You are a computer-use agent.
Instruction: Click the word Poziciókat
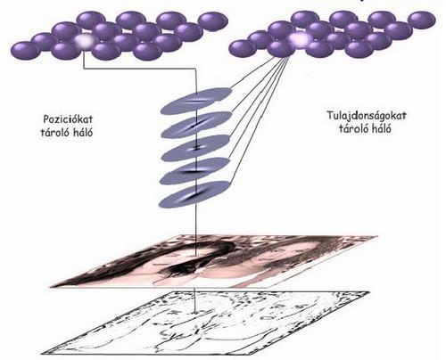(x=68, y=119)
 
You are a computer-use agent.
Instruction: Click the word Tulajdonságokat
(x=367, y=116)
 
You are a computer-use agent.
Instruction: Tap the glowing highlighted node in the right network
(x=301, y=39)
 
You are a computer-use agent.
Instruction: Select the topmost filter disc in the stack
(x=196, y=101)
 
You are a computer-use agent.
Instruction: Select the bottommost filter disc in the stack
(x=195, y=194)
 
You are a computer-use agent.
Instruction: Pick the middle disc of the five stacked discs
(x=195, y=148)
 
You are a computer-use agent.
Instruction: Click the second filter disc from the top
(x=196, y=125)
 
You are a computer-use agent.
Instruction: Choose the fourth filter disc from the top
(x=195, y=171)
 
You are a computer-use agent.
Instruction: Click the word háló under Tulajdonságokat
(x=377, y=128)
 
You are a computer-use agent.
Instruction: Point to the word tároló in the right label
(x=351, y=128)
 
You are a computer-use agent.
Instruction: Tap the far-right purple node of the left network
(x=213, y=20)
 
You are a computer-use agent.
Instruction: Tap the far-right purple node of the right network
(x=422, y=20)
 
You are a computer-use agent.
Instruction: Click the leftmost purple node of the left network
(x=25, y=50)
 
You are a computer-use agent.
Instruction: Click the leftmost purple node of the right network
(x=244, y=48)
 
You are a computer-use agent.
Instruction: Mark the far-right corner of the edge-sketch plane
(x=369, y=292)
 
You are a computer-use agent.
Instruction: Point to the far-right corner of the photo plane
(x=377, y=236)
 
